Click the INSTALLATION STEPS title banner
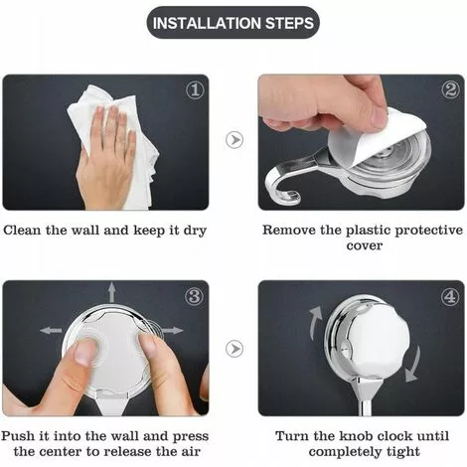pyautogui.click(x=233, y=23)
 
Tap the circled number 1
pyautogui.click(x=195, y=90)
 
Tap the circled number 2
pyautogui.click(x=450, y=90)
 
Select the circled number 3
pyautogui.click(x=195, y=296)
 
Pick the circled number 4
pyautogui.click(x=450, y=296)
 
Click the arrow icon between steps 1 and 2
pyautogui.click(x=234, y=140)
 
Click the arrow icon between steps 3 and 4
pyautogui.click(x=234, y=349)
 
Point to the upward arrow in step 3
pyautogui.click(x=112, y=291)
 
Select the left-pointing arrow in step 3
pyautogui.click(x=51, y=330)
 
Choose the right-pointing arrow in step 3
pyautogui.click(x=172, y=330)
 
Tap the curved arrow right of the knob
pyautogui.click(x=414, y=364)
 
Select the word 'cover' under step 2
pyautogui.click(x=365, y=245)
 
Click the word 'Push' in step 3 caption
pyautogui.click(x=18, y=436)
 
